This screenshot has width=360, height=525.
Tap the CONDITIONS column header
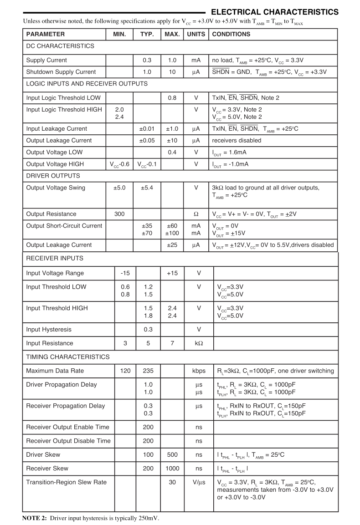click(231, 34)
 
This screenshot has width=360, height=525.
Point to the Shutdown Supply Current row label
click(61, 72)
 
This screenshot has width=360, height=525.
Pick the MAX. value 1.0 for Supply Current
click(172, 60)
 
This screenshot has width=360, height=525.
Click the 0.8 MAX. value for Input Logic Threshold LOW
click(172, 98)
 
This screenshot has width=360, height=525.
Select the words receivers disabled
click(237, 140)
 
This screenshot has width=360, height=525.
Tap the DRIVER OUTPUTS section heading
click(53, 176)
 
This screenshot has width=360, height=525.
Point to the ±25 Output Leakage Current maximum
click(172, 245)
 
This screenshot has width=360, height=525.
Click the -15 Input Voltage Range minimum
click(125, 273)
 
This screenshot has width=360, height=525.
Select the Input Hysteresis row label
click(49, 329)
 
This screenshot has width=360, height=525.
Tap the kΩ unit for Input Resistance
click(199, 343)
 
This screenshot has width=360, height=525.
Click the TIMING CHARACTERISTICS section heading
click(68, 357)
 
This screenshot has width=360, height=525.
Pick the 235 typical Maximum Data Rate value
click(148, 371)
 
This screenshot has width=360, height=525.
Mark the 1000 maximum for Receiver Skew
click(172, 469)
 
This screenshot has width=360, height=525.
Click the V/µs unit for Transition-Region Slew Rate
click(199, 482)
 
